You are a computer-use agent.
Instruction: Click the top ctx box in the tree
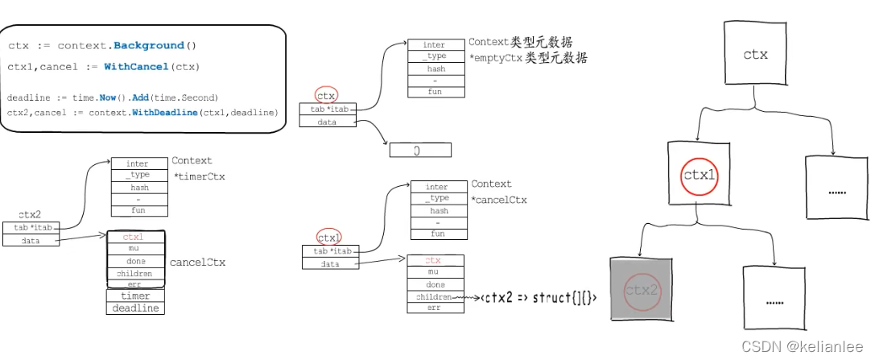tap(756, 55)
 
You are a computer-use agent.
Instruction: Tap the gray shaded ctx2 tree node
tap(642, 291)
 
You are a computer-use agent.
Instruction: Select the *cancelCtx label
tap(499, 199)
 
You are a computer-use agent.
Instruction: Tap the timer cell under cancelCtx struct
tap(135, 296)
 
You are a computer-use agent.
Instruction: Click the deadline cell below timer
tap(135, 308)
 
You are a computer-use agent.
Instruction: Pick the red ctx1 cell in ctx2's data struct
tap(135, 238)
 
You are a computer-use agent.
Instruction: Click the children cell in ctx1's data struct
tap(435, 296)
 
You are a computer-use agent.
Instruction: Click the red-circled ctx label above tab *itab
tap(326, 96)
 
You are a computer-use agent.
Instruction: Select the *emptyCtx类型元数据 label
tap(528, 58)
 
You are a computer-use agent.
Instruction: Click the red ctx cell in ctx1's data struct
tap(435, 260)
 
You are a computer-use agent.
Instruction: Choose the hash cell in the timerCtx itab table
tap(139, 187)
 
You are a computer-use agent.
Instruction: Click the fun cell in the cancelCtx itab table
tap(437, 234)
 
